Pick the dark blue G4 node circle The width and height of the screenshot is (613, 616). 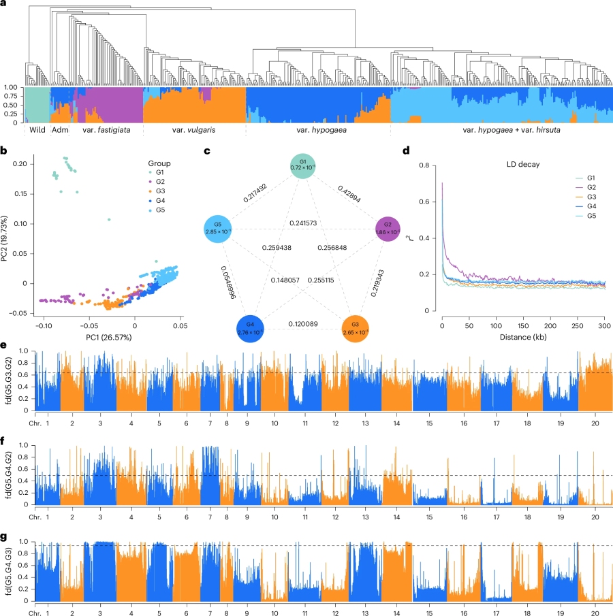click(x=250, y=329)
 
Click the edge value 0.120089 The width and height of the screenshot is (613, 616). click(x=302, y=325)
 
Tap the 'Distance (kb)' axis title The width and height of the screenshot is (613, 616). click(x=524, y=335)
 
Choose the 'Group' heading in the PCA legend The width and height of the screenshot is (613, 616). click(x=159, y=164)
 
